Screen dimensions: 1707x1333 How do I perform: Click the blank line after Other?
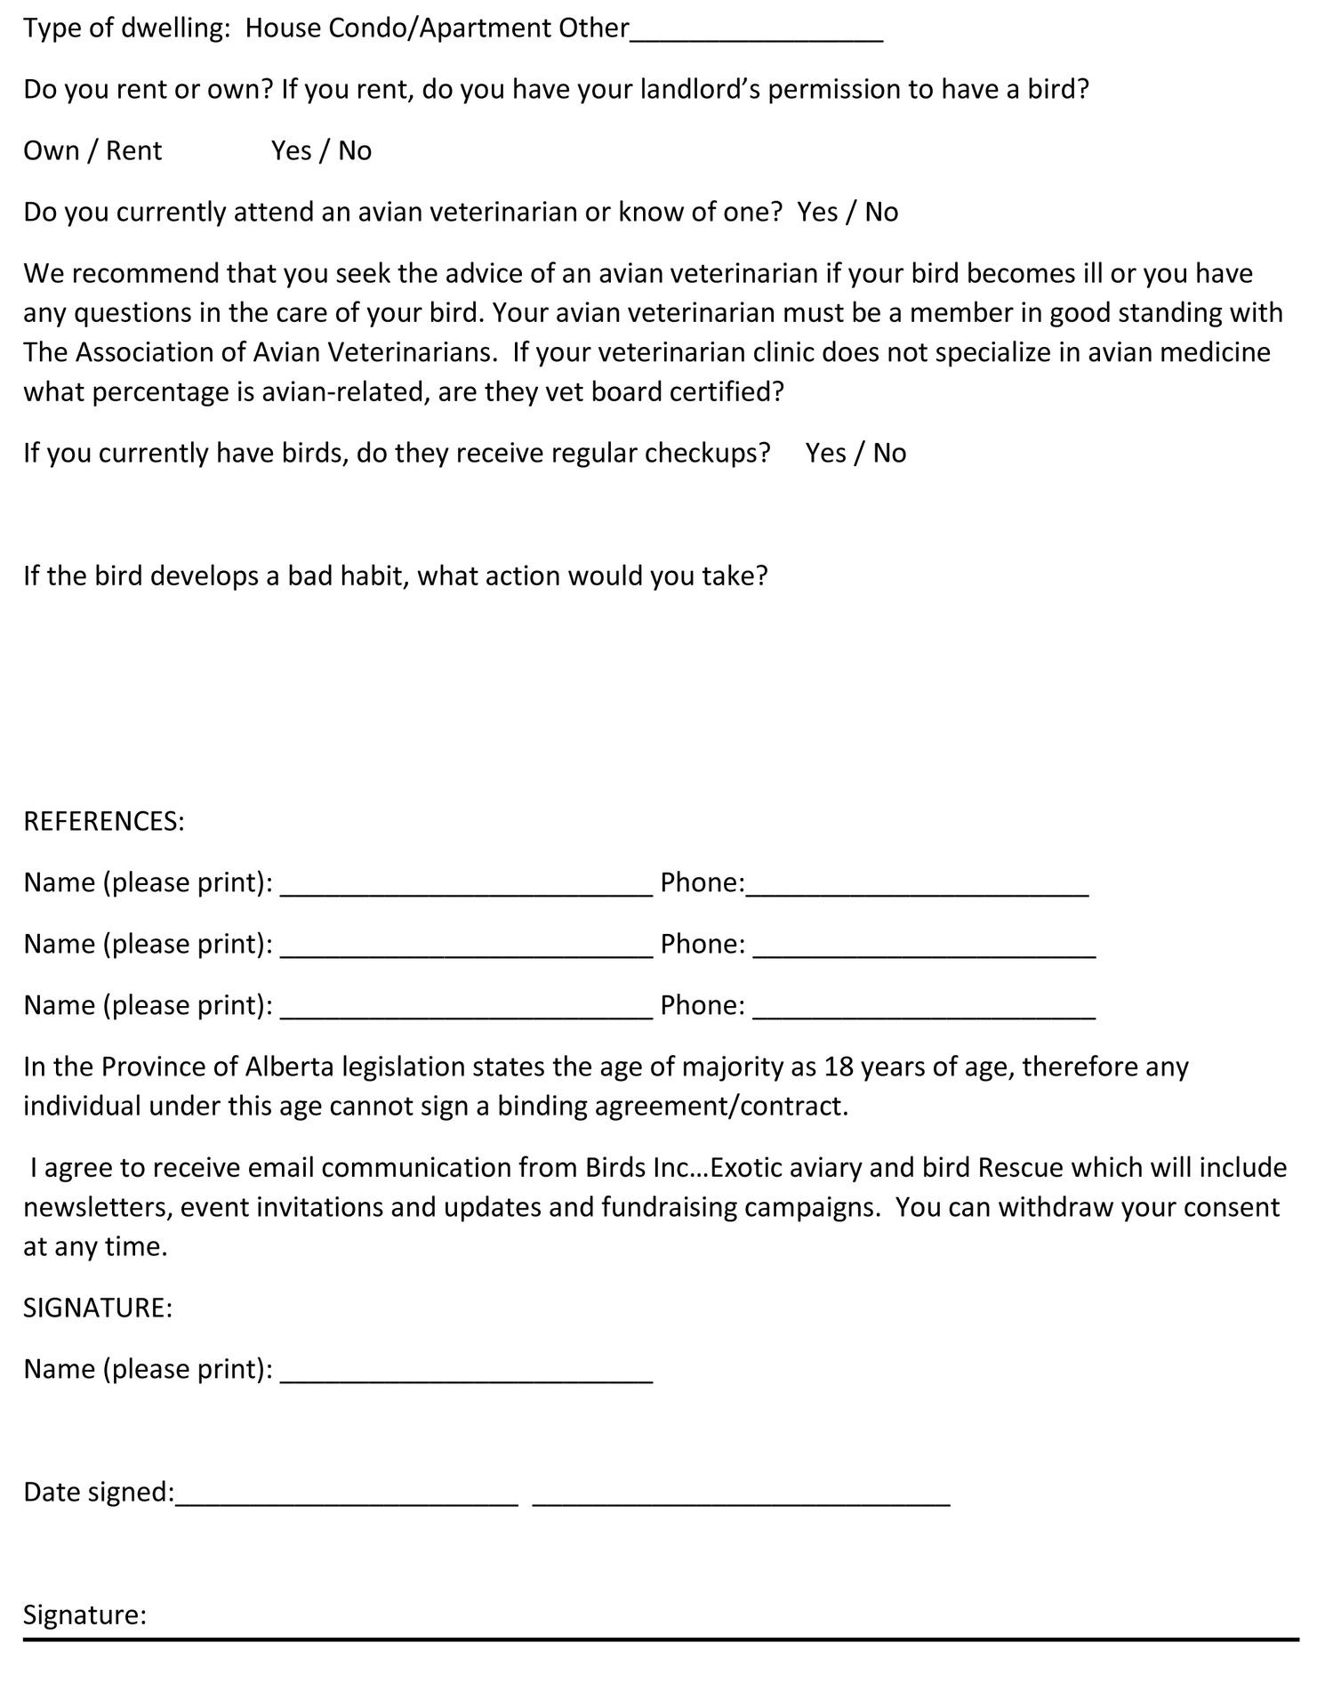[x=756, y=36]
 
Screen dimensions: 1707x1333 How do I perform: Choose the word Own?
[x=51, y=151]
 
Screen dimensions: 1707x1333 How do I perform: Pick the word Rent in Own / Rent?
[x=133, y=151]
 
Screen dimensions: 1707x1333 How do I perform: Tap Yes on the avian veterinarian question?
[x=816, y=213]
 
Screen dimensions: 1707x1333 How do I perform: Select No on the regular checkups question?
[x=889, y=454]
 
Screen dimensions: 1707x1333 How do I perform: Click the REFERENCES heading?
[x=103, y=821]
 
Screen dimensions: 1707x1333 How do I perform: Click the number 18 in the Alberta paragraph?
[x=838, y=1067]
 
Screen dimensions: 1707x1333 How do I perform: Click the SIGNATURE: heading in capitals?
[x=98, y=1308]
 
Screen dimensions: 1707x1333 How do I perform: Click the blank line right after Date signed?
[x=347, y=1499]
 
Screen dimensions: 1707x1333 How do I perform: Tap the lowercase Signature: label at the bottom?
[x=84, y=1614]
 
